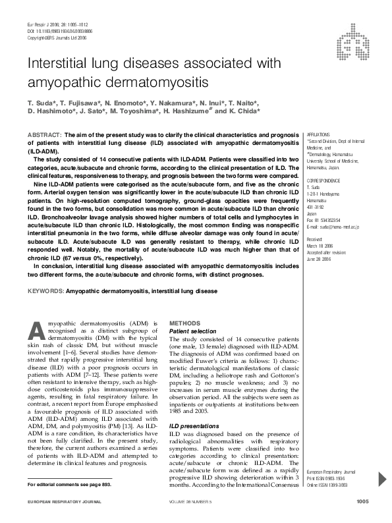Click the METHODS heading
(x=186, y=323)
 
